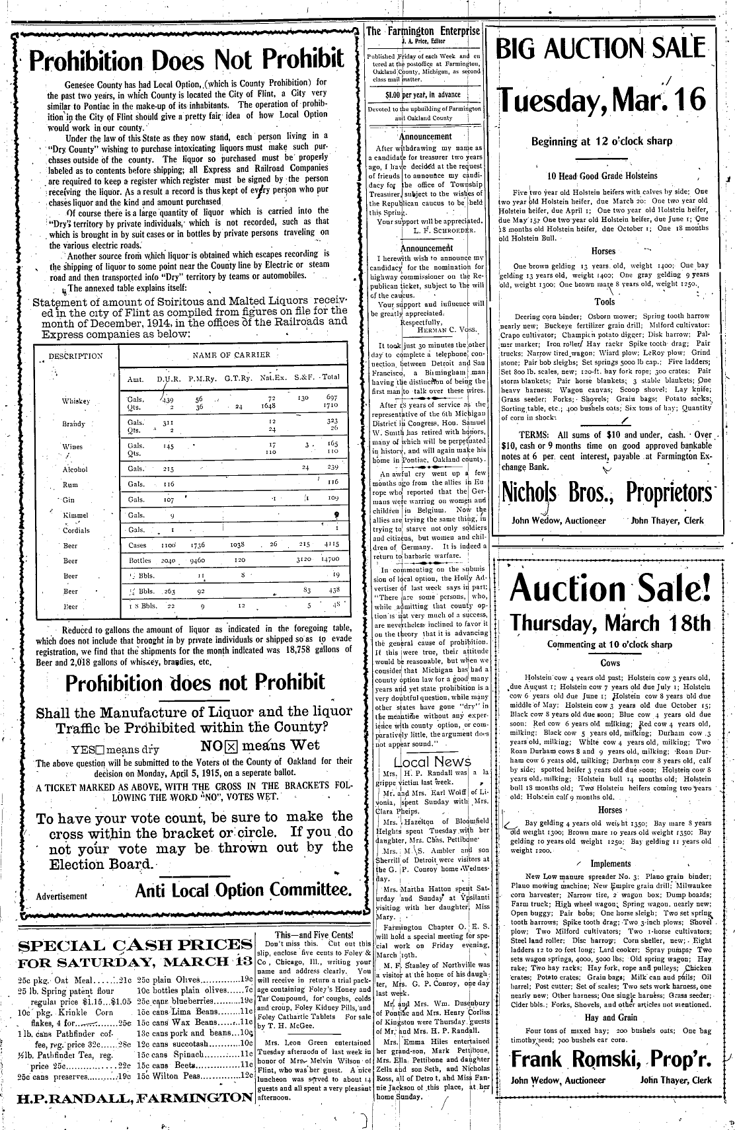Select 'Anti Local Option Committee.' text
point(241,890)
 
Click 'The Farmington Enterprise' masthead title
point(426,31)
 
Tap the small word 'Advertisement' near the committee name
point(61,896)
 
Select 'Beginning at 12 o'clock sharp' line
point(601,141)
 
